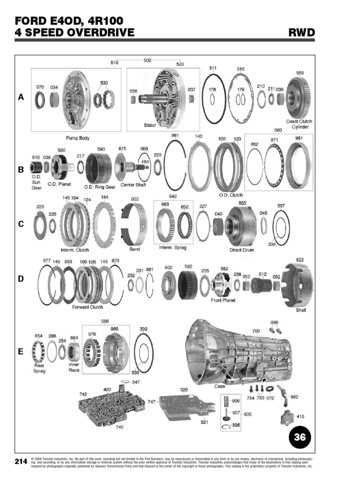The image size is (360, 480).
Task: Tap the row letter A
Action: (x=21, y=97)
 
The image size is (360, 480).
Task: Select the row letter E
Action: (x=21, y=351)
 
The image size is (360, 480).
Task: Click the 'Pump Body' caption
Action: (x=77, y=138)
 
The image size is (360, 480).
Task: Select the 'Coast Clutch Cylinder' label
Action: (x=299, y=124)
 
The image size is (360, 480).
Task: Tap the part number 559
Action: (x=300, y=73)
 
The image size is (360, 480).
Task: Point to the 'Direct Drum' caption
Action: (x=241, y=250)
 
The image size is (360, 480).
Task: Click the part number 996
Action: (x=274, y=322)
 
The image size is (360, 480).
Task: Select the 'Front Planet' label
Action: (x=223, y=300)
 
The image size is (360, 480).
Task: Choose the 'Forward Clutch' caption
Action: (x=87, y=307)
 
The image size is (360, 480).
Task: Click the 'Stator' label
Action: (x=150, y=125)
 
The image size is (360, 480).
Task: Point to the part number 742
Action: (x=83, y=394)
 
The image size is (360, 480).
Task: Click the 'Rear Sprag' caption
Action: (x=39, y=368)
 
